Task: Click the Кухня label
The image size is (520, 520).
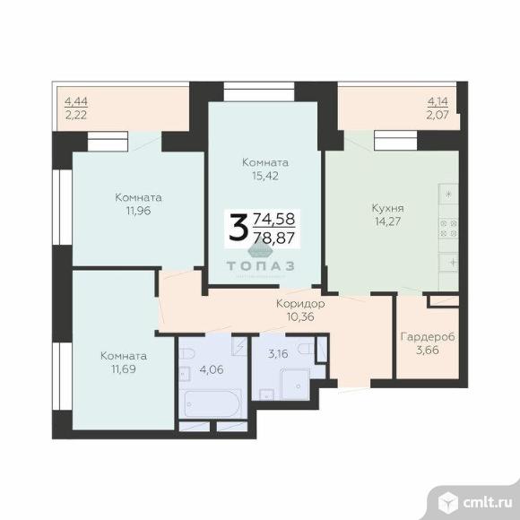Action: coord(387,209)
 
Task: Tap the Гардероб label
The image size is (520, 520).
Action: coord(428,337)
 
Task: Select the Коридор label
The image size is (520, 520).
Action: coord(300,303)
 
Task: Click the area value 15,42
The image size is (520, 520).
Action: coord(265,176)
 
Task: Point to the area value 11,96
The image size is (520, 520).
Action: coord(138,211)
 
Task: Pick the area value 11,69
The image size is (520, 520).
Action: coord(124,368)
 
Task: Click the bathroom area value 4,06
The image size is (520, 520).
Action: coord(212,369)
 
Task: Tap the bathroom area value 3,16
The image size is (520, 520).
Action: coord(278,354)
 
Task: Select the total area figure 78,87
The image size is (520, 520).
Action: coord(274,238)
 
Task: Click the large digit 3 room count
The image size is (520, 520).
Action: coord(238,227)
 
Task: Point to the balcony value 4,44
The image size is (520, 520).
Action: coord(76,101)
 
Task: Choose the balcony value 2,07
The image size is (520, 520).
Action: coord(438,115)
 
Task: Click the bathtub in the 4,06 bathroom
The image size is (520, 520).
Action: coord(210,404)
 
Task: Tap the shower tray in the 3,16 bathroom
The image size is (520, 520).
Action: coord(295,384)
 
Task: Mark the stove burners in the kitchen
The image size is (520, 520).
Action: coord(448,229)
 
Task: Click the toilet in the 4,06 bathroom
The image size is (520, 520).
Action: coord(186,353)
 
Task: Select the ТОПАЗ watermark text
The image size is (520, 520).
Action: coord(260,265)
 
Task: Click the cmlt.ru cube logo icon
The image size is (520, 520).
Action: coord(448,502)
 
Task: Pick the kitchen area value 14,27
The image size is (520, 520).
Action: coord(387,221)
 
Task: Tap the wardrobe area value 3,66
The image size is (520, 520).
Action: coord(428,350)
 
